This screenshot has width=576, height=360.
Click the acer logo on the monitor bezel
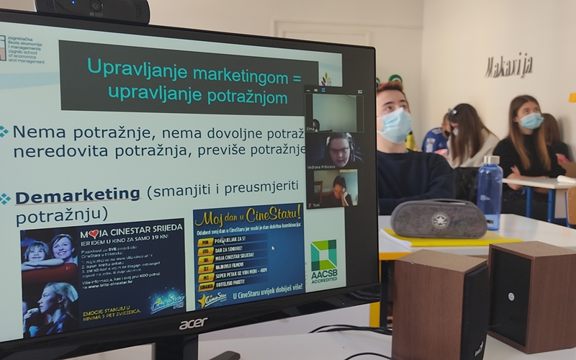pos(193,323)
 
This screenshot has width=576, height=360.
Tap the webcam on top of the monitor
pos(93,9)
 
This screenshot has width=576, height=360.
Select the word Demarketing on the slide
pos(78,194)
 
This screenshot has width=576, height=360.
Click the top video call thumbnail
pos(333,111)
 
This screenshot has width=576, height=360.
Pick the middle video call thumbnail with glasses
pos(333,149)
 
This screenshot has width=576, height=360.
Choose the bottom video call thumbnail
pos(333,188)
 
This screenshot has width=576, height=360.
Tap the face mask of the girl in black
pos(531,121)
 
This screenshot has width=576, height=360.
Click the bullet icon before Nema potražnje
pos(4,132)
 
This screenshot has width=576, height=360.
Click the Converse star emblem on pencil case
pos(440,218)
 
